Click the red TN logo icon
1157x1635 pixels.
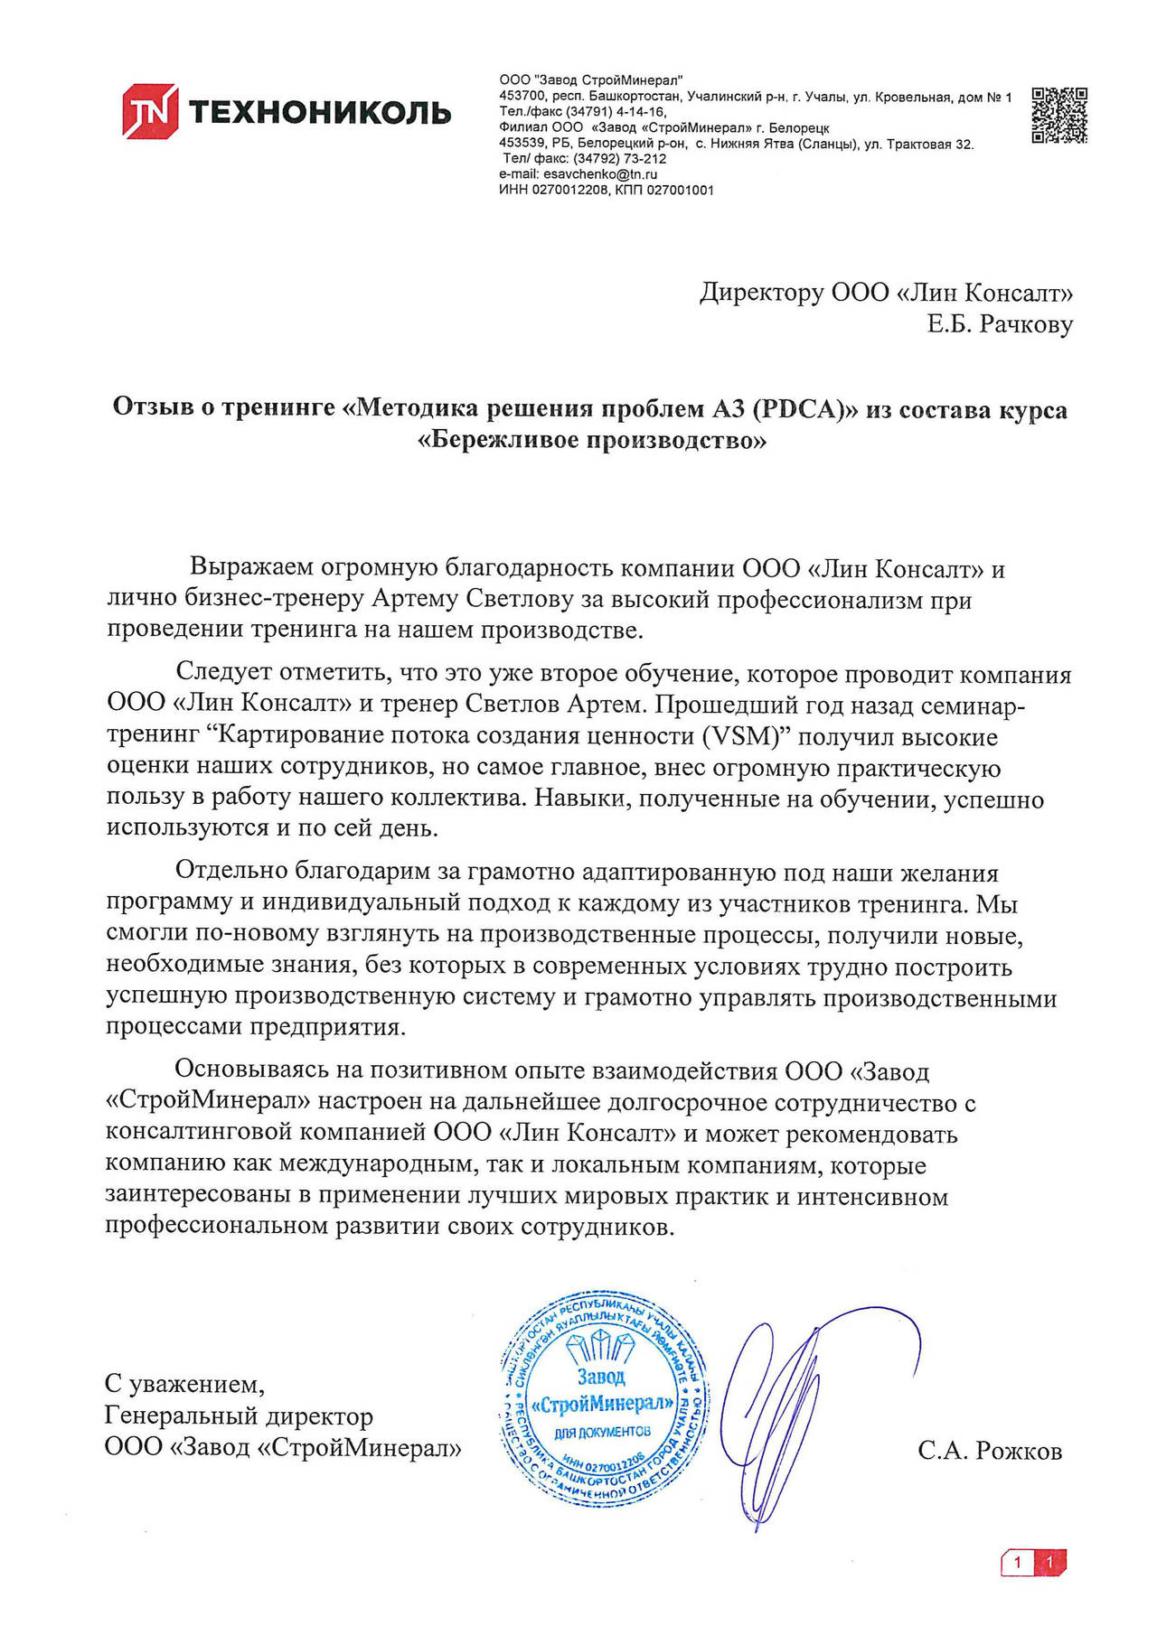150,111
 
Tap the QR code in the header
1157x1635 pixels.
1059,115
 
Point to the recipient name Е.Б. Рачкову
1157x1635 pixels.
1000,323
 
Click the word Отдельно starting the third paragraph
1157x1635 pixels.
229,872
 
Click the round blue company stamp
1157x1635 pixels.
603,1402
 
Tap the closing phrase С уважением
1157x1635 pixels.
184,1384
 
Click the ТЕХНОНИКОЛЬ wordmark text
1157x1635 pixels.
319,112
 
